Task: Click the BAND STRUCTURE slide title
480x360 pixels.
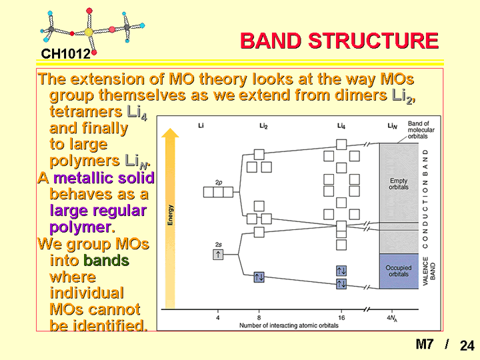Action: click(339, 41)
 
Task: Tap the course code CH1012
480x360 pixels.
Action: click(66, 54)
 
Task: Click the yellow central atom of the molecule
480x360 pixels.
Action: click(89, 32)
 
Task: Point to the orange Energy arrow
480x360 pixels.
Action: click(170, 218)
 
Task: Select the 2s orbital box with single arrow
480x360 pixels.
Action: click(218, 255)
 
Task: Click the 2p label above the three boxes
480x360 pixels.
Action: click(219, 183)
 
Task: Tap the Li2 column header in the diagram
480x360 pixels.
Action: click(263, 126)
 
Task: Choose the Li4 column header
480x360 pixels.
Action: click(341, 126)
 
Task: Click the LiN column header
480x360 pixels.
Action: click(392, 126)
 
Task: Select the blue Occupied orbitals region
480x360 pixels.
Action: click(399, 271)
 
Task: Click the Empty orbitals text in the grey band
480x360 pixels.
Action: click(399, 184)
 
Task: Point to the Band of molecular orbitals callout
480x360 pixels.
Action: click(421, 130)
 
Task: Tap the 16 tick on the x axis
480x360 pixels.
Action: click(341, 317)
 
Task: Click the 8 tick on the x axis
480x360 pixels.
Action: click(259, 317)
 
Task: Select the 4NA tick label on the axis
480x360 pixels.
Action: click(392, 318)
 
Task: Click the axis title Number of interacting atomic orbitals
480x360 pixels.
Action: click(289, 325)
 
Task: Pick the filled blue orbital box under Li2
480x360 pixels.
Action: click(259, 277)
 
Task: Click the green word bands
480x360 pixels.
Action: click(106, 261)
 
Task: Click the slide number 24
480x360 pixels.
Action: click(467, 345)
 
